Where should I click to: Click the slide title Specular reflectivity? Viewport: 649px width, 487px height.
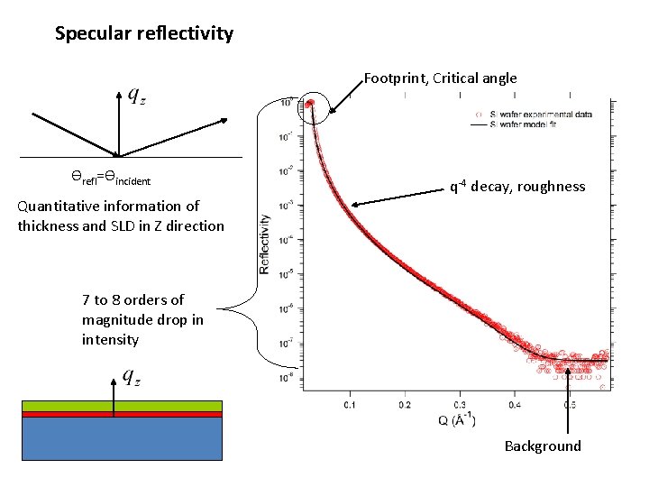[144, 34]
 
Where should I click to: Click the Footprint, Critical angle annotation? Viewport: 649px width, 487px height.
[440, 78]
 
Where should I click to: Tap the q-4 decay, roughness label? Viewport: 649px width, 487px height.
[517, 187]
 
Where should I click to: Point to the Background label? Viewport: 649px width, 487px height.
[543, 446]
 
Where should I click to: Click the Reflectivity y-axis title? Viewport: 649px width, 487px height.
[265, 243]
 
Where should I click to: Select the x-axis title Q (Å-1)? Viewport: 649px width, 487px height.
[459, 420]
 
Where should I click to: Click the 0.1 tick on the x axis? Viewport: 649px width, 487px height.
[350, 405]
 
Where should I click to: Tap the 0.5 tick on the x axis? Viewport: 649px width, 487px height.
[569, 405]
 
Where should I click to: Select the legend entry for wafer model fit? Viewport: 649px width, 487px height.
[532, 124]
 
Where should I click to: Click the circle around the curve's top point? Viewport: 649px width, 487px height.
[312, 107]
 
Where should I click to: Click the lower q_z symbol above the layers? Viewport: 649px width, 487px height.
[132, 379]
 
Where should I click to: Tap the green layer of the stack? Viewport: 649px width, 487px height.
[122, 406]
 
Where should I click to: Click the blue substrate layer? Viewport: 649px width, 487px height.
[122, 439]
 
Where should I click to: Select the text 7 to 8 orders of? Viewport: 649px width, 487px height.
[133, 300]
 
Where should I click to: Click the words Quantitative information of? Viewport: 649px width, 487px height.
[108, 207]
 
